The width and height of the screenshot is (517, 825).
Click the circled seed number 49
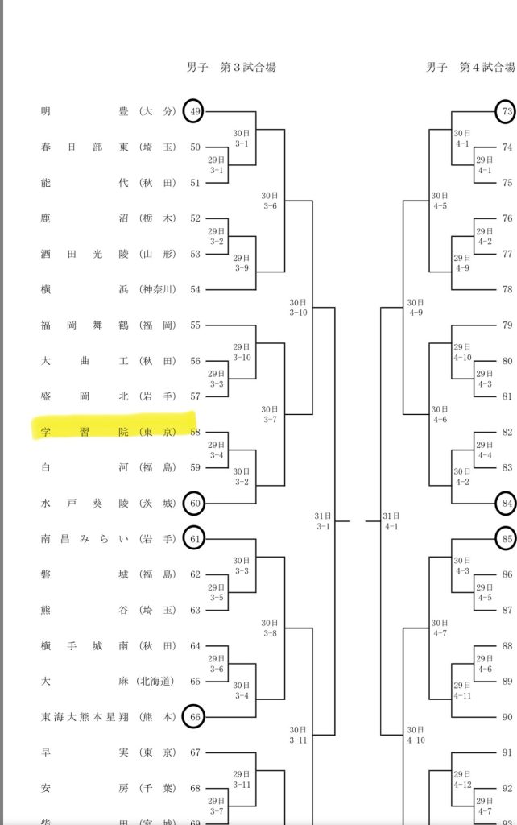(193, 111)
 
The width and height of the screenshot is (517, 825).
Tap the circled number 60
(193, 504)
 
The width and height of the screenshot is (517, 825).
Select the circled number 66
(193, 715)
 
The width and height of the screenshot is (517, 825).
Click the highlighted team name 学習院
(108, 433)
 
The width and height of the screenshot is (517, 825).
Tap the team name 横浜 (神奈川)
(108, 289)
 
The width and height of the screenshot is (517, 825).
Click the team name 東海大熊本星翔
(108, 716)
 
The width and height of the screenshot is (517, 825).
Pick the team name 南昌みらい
(108, 538)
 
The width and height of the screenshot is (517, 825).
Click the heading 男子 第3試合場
(231, 68)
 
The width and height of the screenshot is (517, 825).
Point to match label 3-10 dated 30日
(298, 307)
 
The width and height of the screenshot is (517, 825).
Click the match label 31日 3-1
(322, 520)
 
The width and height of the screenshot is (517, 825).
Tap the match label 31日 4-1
(392, 520)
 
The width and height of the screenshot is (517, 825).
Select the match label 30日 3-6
(270, 201)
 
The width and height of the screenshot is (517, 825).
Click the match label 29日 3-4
(216, 450)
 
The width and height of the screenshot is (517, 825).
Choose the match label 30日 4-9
(416, 307)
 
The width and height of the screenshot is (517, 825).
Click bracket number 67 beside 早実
(195, 752)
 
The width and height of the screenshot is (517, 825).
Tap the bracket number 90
(507, 717)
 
